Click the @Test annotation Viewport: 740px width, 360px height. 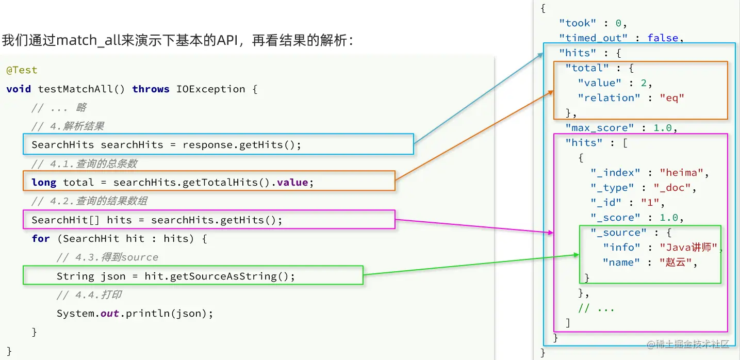coord(22,70)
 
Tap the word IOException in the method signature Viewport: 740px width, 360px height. coord(210,89)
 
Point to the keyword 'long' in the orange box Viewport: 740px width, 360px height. coord(44,183)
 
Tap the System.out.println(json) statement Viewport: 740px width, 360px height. coord(135,314)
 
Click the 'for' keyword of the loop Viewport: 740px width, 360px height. coord(41,239)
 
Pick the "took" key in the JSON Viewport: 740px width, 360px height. coord(577,23)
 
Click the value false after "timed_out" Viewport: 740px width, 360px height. coord(663,38)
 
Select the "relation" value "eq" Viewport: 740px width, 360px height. coord(672,98)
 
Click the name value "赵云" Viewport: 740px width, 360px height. coord(676,263)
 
